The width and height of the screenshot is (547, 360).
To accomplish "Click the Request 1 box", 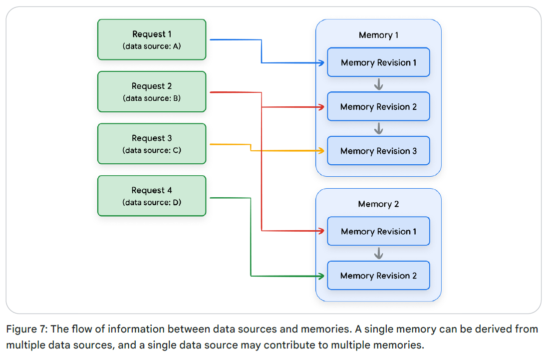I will tap(152, 39).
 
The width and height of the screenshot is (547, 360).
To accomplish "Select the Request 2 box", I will tap(152, 91).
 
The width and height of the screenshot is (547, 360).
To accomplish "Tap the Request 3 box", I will tap(152, 143).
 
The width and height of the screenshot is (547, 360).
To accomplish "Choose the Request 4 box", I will tap(152, 195).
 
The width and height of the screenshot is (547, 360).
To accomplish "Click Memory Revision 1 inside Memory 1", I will tap(378, 62).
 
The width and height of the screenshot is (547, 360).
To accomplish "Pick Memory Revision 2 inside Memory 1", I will tap(378, 107).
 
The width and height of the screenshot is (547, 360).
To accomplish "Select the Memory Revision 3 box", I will tap(378, 151).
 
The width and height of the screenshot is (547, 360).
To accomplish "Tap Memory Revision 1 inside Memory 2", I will tap(378, 231).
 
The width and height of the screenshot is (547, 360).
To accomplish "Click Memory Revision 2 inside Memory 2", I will tap(378, 276).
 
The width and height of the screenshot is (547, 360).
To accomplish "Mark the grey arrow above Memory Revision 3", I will tap(378, 129).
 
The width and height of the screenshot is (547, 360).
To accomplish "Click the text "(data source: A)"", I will tap(152, 46).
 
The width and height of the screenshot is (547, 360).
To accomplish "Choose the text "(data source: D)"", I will tap(152, 202).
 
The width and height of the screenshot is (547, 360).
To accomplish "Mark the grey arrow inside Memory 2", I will tap(378, 254).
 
